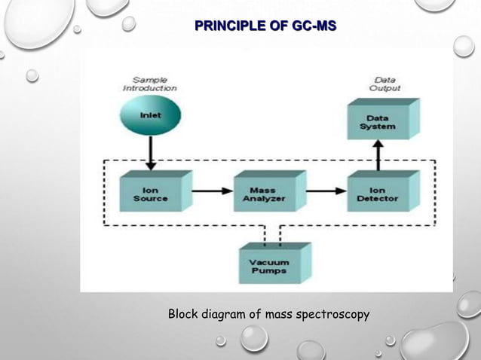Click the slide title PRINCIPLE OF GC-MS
coord(265,28)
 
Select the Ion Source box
coord(151,193)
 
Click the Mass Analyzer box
coord(264,193)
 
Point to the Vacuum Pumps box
coord(269,263)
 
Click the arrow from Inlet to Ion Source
coord(150,154)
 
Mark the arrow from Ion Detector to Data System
coord(378,156)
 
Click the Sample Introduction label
coord(149,84)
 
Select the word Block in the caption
coord(183,313)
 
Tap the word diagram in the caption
coord(222,314)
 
